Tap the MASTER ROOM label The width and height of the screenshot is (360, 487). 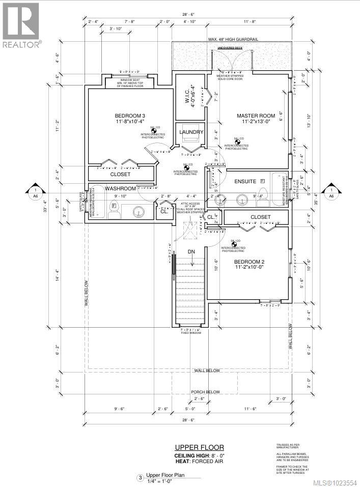[256, 116]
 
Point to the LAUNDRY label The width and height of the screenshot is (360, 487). [191, 132]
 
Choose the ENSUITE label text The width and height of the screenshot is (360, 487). [246, 182]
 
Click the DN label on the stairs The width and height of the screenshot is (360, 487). [191, 252]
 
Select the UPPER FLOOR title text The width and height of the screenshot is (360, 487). [196, 448]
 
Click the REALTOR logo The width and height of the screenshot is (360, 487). [21, 25]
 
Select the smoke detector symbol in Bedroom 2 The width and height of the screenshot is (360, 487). [235, 245]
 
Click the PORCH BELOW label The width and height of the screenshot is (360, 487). [205, 392]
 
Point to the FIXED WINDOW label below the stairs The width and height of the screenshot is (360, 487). [191, 333]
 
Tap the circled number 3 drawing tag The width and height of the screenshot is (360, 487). [140, 478]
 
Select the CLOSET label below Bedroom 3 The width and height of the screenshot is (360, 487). [120, 174]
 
